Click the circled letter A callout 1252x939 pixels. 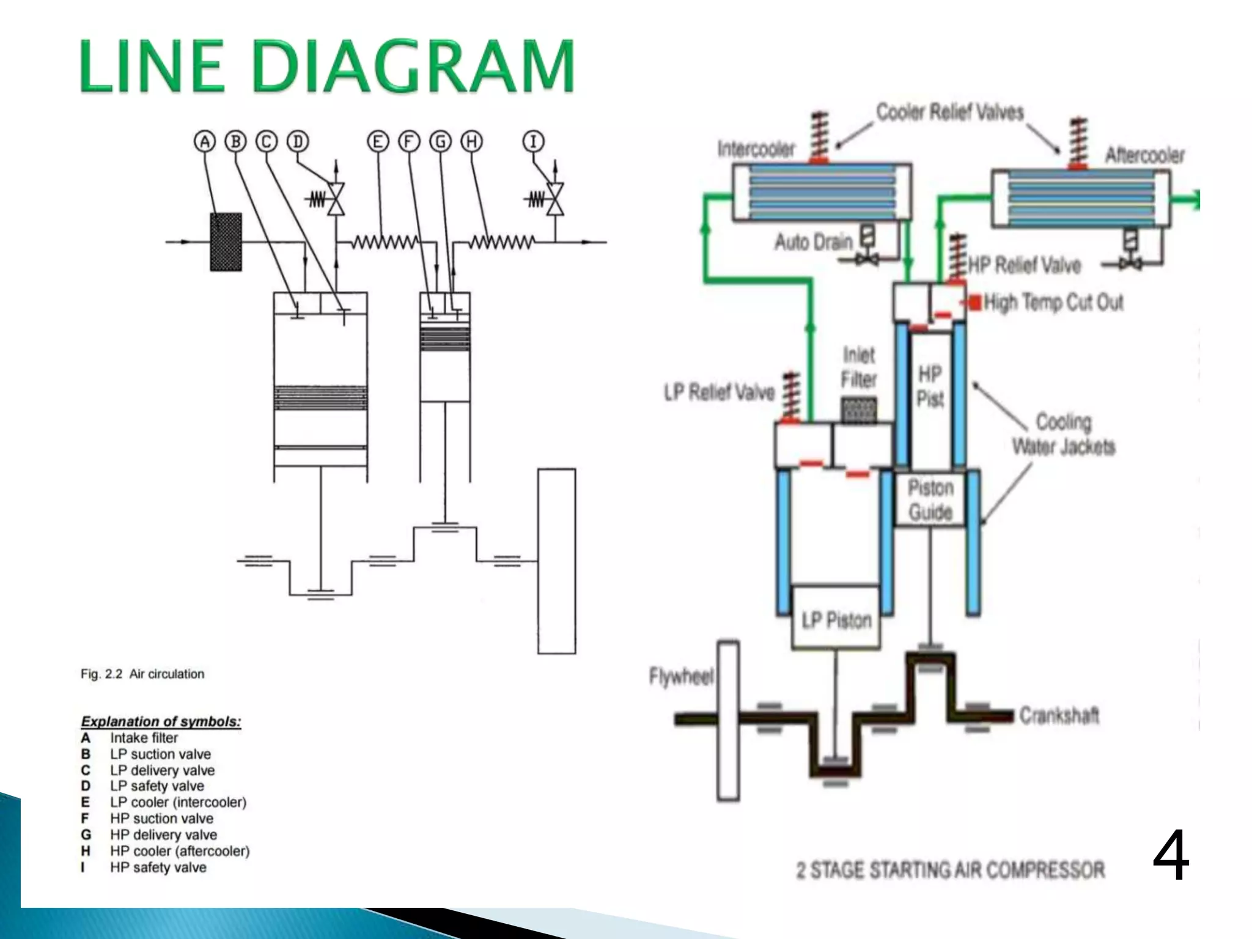pos(205,142)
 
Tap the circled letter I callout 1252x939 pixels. pos(533,142)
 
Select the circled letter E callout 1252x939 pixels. pos(378,142)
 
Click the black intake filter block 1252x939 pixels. pos(226,241)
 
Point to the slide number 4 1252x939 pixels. pos(1170,856)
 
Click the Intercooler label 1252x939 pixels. pos(756,149)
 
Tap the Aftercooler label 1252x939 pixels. pos(1144,155)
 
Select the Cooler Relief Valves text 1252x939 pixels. pos(949,112)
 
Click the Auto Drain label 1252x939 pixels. pos(813,242)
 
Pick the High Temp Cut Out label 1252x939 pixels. pos(1053,302)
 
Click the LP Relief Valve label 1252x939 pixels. pos(720,392)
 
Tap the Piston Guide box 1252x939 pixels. pos(930,499)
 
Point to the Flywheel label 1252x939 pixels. pos(681,677)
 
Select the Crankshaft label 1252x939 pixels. pos(1059,715)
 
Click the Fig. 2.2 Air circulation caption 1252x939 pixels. pos(142,674)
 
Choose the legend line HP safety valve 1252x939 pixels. pos(158,867)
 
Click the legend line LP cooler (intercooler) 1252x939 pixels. pos(178,802)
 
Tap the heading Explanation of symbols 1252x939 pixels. pos(161,721)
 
